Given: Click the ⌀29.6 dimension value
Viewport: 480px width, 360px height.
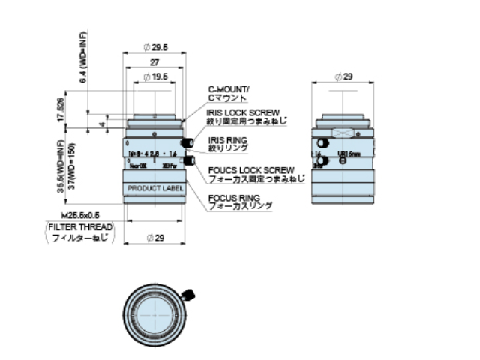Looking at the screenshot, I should coord(155,47).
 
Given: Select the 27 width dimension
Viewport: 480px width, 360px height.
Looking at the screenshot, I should coord(154,64).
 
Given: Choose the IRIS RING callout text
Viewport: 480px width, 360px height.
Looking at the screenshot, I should coord(227,139).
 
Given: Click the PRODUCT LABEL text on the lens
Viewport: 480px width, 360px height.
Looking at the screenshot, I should coord(154,188).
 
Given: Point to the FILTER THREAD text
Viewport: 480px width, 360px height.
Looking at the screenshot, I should coord(80,226).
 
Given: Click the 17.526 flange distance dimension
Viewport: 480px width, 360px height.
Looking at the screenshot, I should coord(61,109).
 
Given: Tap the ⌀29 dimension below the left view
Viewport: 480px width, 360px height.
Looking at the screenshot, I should coord(155,238).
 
